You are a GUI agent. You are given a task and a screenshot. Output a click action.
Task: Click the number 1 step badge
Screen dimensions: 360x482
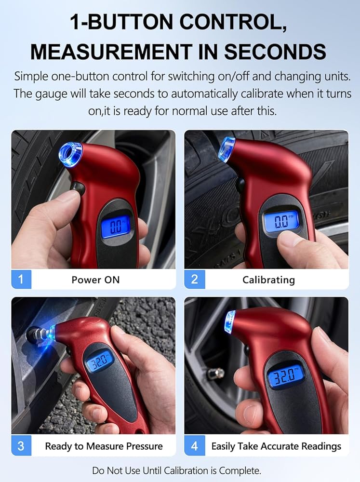[21, 279]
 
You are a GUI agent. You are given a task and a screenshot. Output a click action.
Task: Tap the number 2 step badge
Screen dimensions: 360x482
[195, 279]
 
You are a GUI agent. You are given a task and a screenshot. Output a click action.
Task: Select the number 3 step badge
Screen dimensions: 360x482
[21, 446]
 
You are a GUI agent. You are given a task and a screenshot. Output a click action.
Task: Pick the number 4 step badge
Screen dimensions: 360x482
[195, 446]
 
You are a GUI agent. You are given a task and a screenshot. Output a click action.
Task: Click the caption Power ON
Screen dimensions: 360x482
[95, 280]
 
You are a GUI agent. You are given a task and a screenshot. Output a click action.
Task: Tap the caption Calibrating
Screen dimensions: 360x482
[269, 280]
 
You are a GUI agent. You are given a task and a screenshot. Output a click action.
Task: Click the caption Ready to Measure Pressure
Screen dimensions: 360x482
[104, 446]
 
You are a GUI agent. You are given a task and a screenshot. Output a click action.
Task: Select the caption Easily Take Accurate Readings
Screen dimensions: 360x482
[276, 446]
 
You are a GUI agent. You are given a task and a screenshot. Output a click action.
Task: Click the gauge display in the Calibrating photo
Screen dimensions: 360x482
[280, 221]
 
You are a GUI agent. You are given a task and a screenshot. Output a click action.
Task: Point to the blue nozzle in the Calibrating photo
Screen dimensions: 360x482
[227, 149]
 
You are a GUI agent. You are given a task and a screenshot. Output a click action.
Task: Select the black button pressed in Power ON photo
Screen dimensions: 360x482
[78, 188]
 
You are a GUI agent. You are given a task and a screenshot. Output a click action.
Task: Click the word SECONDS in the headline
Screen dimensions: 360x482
[275, 52]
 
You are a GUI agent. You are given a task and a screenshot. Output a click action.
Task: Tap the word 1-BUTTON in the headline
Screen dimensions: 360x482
[121, 22]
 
